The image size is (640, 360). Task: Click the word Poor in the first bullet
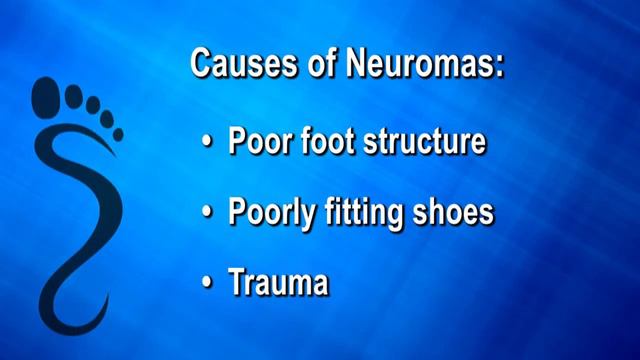pos(257,143)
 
